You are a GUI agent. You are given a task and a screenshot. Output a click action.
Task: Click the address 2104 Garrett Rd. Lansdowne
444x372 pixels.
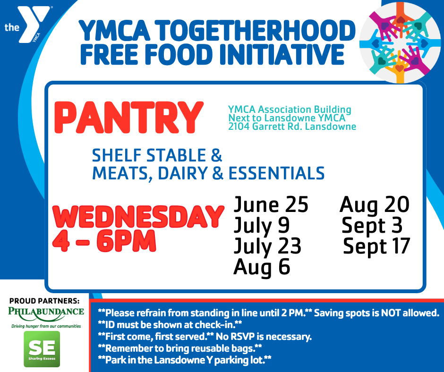(292, 127)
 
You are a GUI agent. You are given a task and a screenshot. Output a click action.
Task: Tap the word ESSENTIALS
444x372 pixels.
(277, 173)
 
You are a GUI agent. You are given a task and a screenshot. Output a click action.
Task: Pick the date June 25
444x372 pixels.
(271, 205)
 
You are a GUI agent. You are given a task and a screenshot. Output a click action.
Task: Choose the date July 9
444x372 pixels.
(261, 226)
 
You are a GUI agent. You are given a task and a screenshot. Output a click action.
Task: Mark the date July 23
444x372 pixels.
(267, 246)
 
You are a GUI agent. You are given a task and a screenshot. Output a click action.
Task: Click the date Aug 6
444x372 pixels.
(261, 267)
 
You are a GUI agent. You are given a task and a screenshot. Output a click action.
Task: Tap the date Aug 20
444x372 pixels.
(374, 205)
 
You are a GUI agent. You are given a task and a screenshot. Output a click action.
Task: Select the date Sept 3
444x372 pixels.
(372, 226)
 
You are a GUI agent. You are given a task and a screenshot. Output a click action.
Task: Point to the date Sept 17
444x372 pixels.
(376, 246)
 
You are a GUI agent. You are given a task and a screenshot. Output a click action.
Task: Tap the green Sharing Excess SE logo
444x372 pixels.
(42, 349)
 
